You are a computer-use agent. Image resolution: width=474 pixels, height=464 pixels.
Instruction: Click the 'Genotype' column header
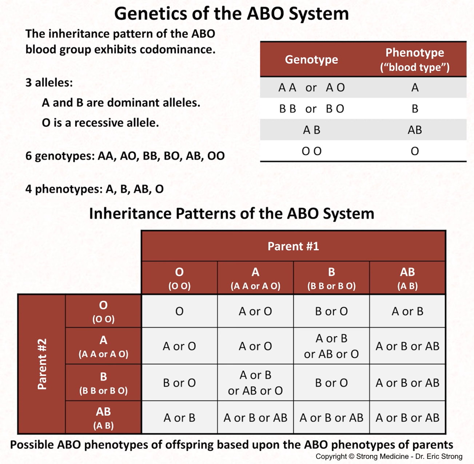point(311,60)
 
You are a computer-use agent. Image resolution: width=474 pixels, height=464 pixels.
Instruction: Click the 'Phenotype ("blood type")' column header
point(415,60)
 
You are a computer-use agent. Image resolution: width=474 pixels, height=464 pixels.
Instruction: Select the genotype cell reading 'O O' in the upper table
point(311,151)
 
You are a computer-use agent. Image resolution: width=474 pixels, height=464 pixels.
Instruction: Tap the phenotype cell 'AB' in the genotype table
point(415,130)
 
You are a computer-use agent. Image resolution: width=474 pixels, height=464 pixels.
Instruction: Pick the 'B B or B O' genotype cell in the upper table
point(311,109)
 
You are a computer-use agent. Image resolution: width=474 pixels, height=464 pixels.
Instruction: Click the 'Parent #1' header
point(293,246)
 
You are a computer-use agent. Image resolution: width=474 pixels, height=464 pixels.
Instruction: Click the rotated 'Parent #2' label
point(42,364)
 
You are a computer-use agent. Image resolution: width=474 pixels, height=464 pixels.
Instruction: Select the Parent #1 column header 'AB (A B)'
point(407,278)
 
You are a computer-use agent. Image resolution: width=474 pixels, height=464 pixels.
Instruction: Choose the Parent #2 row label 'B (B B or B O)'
point(103,383)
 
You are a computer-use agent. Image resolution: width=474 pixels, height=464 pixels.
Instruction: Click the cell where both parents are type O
point(179,311)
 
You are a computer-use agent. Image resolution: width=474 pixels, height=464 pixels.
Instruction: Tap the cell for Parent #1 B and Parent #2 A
point(331,346)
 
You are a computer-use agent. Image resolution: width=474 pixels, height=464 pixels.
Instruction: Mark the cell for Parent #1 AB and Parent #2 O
point(407,311)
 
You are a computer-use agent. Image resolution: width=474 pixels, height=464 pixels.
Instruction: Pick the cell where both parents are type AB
point(407,417)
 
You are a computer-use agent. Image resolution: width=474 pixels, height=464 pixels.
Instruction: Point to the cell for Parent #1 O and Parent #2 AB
point(179,417)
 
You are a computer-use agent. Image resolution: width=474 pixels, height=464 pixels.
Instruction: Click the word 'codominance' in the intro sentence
point(178,49)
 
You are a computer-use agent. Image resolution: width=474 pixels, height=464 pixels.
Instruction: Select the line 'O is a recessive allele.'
point(100,123)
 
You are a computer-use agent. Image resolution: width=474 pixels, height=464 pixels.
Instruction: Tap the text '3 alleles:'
point(49,82)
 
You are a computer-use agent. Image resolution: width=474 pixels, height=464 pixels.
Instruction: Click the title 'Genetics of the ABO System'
point(231,14)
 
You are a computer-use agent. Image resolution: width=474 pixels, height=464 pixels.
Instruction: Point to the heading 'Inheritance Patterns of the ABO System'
point(231,213)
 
